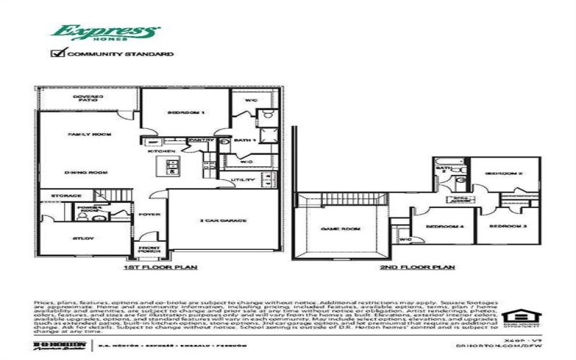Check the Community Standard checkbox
tap(58, 53)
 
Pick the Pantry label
tap(197, 140)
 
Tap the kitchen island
tap(173, 167)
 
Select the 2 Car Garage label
tap(223, 220)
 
